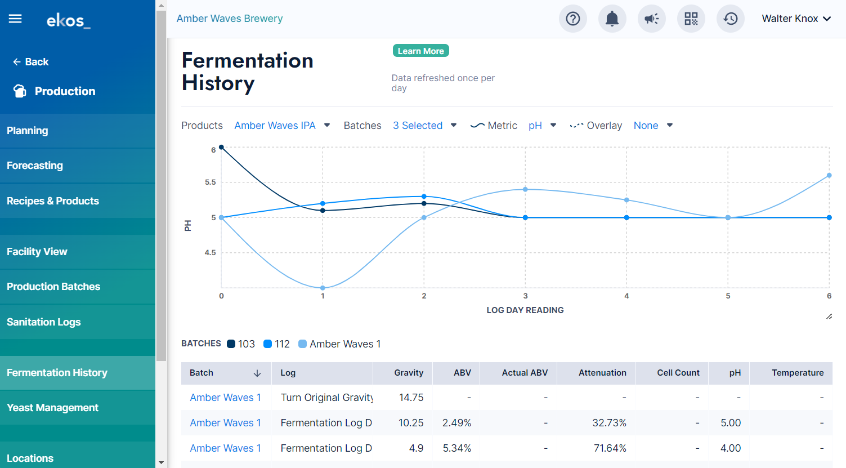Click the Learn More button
(x=420, y=51)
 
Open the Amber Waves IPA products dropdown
(x=282, y=126)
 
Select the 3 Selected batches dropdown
(x=424, y=126)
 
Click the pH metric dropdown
(x=542, y=126)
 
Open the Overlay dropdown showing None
(x=653, y=126)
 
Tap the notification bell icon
(x=612, y=19)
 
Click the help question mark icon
(x=572, y=19)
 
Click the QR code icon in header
(x=691, y=19)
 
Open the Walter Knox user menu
(x=796, y=19)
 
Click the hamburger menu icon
(x=15, y=19)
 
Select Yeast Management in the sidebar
(x=52, y=408)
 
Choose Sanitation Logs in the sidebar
(x=44, y=322)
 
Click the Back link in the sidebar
(x=31, y=61)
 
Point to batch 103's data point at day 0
(x=221, y=147)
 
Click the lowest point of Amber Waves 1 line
(x=323, y=288)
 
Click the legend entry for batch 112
(x=276, y=344)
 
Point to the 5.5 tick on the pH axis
(x=211, y=182)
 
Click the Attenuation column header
(x=602, y=373)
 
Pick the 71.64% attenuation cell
(x=610, y=448)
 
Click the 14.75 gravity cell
(x=411, y=397)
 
